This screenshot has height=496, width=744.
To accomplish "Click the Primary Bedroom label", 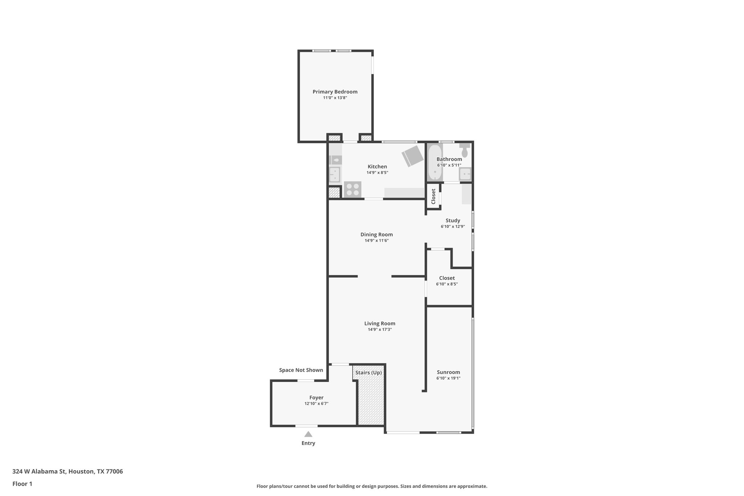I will point(335,92).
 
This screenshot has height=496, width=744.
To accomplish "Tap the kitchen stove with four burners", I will point(352,189).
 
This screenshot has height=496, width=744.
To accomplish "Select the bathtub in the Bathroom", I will point(434,163).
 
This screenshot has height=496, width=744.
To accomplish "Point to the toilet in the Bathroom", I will point(464,150).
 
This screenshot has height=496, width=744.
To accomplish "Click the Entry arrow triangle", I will point(308,434).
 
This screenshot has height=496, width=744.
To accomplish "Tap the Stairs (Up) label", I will point(368,372).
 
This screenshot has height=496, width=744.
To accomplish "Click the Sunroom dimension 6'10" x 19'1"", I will point(448,378).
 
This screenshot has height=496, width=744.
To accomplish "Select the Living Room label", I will point(380,323).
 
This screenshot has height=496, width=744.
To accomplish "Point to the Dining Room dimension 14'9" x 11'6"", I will point(376,241).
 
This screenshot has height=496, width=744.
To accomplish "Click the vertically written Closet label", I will point(433,196).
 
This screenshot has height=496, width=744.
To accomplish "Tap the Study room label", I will point(453,221).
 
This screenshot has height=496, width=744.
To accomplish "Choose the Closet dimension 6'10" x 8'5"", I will point(447,284).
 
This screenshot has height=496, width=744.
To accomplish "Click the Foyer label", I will point(316,398).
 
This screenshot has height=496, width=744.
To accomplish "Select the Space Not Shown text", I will point(301,370).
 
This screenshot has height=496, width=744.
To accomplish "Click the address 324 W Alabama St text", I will point(68,472).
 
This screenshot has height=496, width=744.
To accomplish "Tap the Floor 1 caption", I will point(22,484).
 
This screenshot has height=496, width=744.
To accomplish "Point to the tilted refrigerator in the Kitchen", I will point(412,156).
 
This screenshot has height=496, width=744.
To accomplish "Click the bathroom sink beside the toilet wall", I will point(465,174).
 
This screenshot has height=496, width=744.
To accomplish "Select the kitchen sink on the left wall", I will point(334,174).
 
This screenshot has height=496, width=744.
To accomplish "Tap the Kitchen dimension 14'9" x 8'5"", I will point(377,173).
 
